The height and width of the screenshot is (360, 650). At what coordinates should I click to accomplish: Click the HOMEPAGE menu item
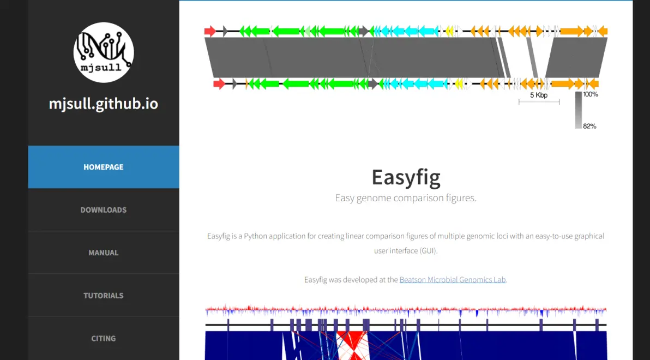tap(103, 167)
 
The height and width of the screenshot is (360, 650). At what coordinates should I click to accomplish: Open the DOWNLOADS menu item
tap(103, 210)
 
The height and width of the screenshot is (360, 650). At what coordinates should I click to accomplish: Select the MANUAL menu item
tap(103, 253)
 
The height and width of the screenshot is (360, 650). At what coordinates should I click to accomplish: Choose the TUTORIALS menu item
tap(103, 296)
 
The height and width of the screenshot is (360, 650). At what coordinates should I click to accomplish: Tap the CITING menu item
tap(103, 338)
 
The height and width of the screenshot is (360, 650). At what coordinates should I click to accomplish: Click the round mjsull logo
tap(104, 52)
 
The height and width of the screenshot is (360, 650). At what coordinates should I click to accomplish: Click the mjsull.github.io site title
tap(104, 104)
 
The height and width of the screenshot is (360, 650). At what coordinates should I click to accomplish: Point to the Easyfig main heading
tap(406, 177)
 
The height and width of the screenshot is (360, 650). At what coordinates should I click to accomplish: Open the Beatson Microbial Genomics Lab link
tap(453, 280)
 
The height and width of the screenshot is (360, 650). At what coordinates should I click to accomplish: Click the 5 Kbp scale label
tap(538, 95)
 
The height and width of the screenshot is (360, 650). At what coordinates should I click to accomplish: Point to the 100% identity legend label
tap(591, 94)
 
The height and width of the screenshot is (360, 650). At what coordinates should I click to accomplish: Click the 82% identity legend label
tap(589, 126)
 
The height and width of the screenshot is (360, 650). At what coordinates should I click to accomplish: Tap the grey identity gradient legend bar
tap(578, 110)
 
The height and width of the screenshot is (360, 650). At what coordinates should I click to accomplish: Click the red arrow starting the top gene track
tap(210, 31)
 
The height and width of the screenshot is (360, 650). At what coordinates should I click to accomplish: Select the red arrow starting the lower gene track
tap(219, 84)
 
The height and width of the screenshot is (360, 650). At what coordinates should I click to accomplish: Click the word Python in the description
tap(256, 236)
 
